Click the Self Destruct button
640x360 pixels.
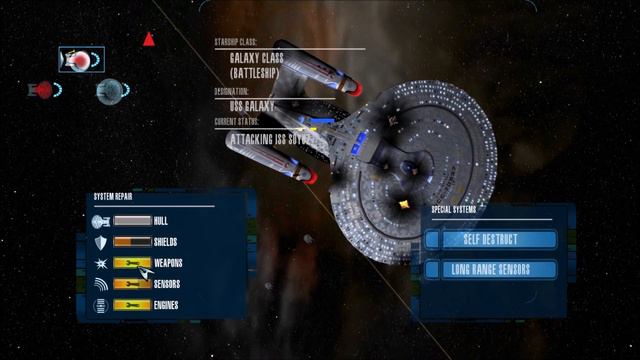(489, 240)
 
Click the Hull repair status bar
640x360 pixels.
(132, 220)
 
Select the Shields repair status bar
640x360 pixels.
(132, 242)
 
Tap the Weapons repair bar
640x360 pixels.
(132, 263)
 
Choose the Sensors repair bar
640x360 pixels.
(132, 284)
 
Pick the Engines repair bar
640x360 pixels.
(132, 305)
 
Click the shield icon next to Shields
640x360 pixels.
(100, 242)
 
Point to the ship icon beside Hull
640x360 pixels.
(100, 221)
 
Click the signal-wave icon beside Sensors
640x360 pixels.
(100, 284)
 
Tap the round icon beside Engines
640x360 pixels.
(100, 305)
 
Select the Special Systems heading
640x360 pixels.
(454, 210)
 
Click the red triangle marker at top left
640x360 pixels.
(149, 40)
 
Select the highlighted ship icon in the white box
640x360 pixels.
(80, 61)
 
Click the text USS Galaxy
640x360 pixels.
(251, 105)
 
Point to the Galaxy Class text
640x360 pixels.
(256, 59)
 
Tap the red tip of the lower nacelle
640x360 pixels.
(308, 178)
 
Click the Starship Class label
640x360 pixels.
(236, 43)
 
